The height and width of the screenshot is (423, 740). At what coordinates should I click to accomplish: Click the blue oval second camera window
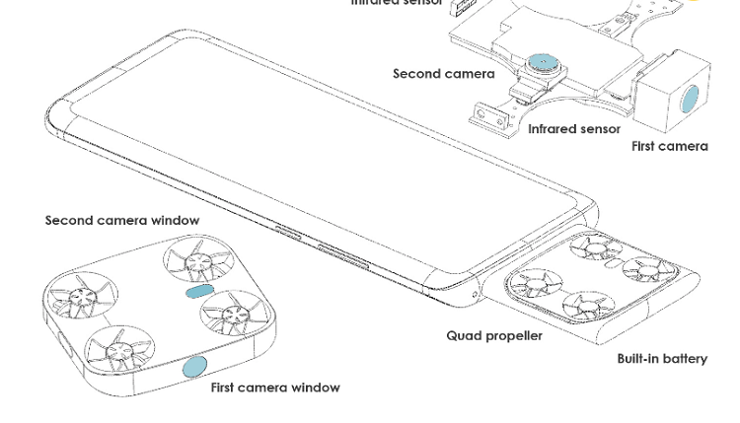pyautogui.click(x=198, y=293)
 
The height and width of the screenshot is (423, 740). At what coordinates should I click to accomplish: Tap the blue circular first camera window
pyautogui.click(x=194, y=368)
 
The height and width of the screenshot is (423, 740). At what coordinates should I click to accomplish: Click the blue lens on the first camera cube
pyautogui.click(x=691, y=99)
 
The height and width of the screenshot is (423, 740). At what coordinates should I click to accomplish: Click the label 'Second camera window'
pyautogui.click(x=122, y=221)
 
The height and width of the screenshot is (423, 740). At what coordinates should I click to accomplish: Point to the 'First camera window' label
pyautogui.click(x=275, y=388)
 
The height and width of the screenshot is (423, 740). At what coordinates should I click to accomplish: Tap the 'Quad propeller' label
pyautogui.click(x=494, y=336)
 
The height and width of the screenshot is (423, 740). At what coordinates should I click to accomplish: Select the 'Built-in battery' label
pyautogui.click(x=662, y=359)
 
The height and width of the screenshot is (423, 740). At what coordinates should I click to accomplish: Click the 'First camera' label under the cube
pyautogui.click(x=670, y=147)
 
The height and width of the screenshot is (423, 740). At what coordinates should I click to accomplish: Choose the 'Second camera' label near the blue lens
pyautogui.click(x=444, y=74)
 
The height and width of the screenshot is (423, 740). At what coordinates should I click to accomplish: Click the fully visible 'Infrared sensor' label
pyautogui.click(x=574, y=129)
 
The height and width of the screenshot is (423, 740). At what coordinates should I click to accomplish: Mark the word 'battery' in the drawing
pyautogui.click(x=683, y=359)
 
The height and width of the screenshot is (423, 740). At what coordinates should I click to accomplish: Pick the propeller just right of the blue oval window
pyautogui.click(x=234, y=316)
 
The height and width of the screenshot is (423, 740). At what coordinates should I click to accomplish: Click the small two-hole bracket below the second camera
pyautogui.click(x=486, y=115)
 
